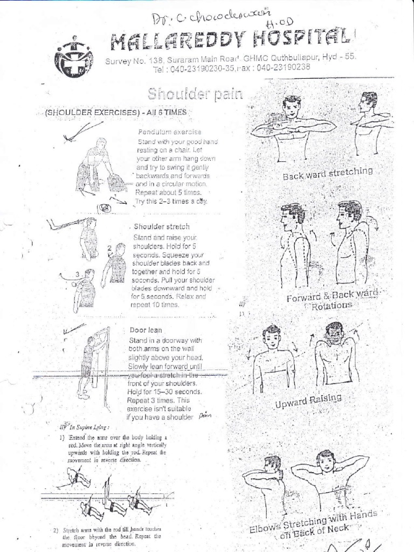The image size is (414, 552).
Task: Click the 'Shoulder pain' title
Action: (196, 95)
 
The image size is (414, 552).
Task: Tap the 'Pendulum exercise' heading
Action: (169, 132)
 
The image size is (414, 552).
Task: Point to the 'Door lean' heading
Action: (146, 329)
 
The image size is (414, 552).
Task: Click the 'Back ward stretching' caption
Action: (328, 174)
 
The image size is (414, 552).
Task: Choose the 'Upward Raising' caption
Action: (308, 401)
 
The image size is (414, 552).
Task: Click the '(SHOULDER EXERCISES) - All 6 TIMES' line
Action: (116, 112)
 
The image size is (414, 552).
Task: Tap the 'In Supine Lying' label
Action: (82, 426)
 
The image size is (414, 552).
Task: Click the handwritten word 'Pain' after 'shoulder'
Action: (204, 416)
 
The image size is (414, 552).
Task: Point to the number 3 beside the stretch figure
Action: (78, 273)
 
